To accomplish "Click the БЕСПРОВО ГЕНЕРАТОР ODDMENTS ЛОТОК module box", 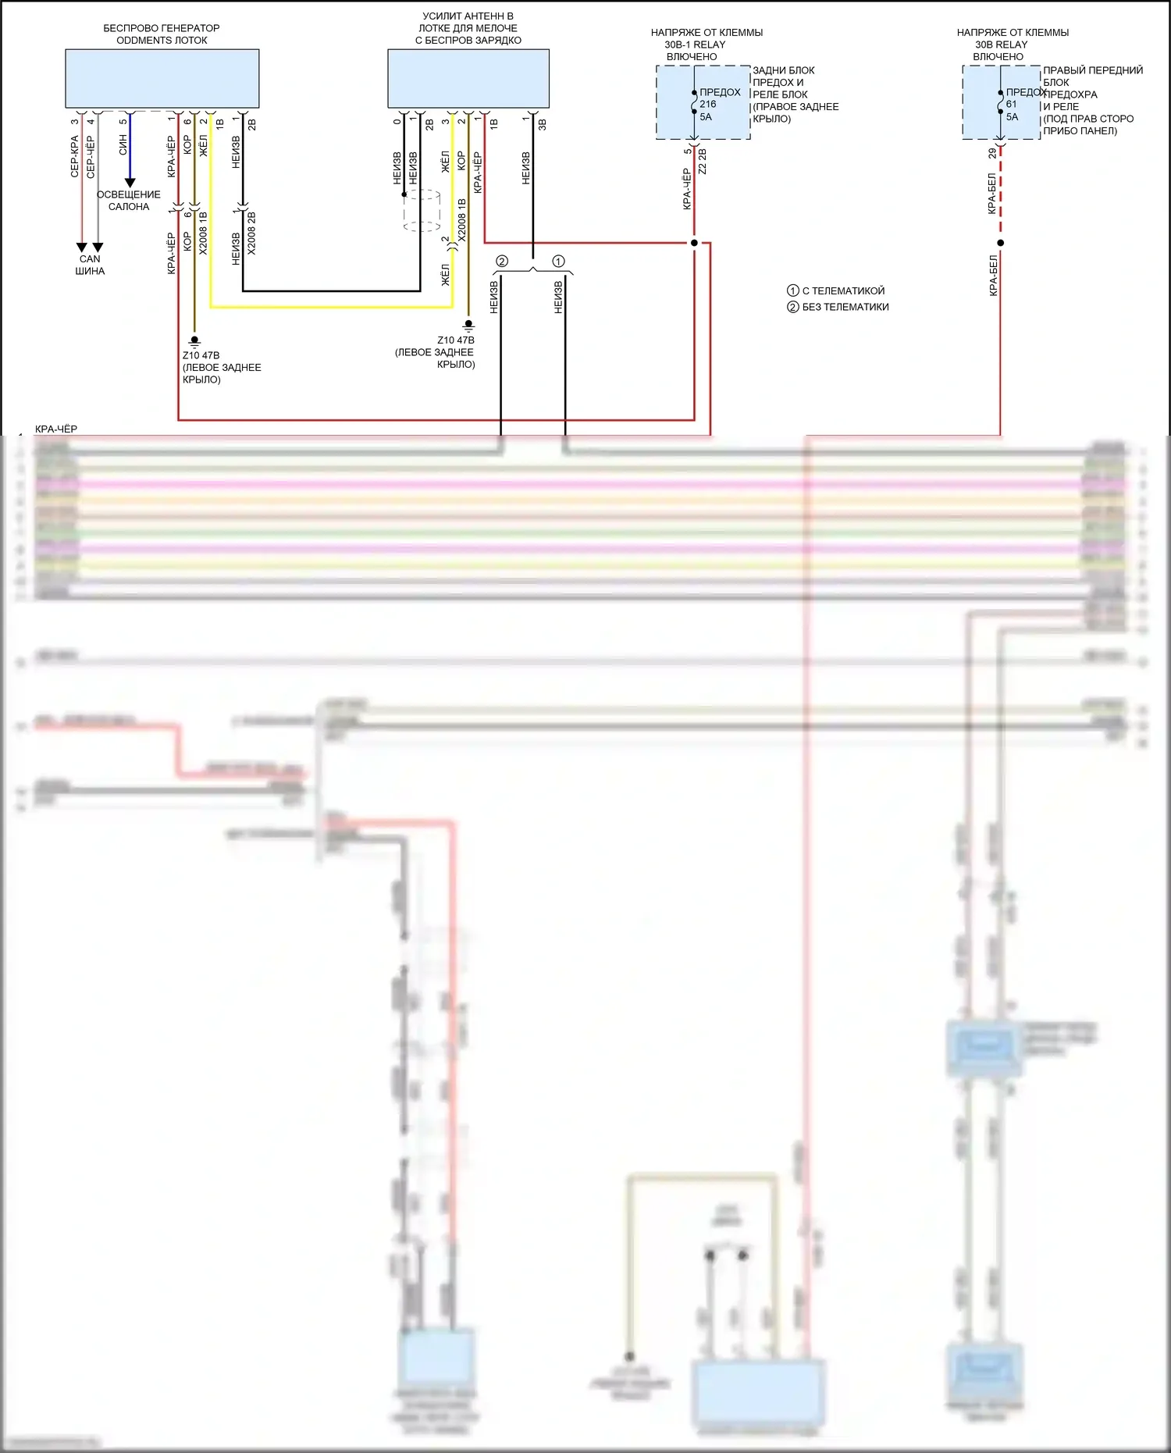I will [x=162, y=78].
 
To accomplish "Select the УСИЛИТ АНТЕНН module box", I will [x=468, y=78].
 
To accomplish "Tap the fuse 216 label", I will [x=708, y=104].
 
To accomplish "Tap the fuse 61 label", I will [x=1012, y=104].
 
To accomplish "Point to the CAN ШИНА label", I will [x=90, y=265].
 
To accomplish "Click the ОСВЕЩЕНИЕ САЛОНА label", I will [x=129, y=201].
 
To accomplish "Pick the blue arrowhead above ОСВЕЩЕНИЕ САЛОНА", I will [x=130, y=183].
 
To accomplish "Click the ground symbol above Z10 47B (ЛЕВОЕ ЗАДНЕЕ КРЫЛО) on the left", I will [x=194, y=341].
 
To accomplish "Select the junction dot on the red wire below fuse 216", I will [x=694, y=243].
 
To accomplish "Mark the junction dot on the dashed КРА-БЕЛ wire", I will [x=1000, y=243].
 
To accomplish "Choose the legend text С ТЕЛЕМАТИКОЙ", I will [x=843, y=290].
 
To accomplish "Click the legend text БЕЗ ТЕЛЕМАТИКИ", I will [x=845, y=307].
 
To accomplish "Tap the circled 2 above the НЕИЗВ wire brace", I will [x=502, y=262].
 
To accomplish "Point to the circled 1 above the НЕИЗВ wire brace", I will [x=558, y=262].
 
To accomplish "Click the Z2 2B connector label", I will [x=703, y=161].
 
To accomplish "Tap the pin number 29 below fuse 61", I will [x=992, y=154].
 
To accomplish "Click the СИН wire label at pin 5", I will [x=123, y=144].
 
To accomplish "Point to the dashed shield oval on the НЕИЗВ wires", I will [x=422, y=210].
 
